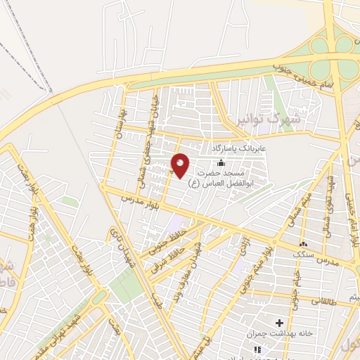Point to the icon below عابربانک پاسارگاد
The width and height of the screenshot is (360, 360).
(x=221, y=162)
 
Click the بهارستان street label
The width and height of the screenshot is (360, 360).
(x=122, y=120)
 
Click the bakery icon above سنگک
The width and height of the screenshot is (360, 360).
(x=304, y=244)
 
